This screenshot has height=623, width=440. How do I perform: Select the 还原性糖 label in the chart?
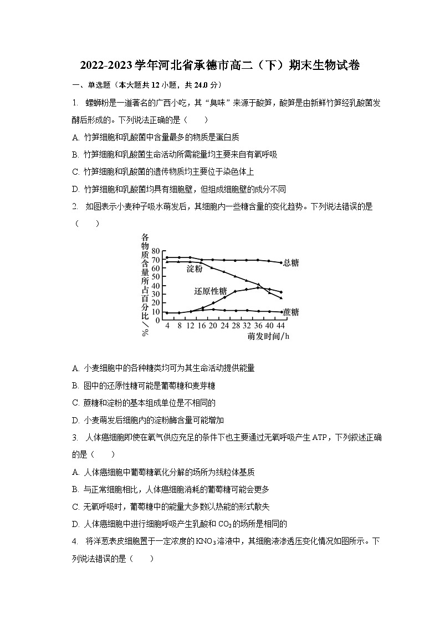210,291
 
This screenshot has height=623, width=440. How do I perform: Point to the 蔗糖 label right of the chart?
291,312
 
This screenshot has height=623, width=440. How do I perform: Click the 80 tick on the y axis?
156,251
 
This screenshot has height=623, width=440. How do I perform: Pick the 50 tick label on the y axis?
156,277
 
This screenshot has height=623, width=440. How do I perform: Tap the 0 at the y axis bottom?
158,320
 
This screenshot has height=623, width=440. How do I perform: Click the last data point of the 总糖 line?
281,262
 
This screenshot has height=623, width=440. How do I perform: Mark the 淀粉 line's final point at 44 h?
281,298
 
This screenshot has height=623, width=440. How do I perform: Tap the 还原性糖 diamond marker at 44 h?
281,292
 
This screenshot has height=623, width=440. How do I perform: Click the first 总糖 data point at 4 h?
167,257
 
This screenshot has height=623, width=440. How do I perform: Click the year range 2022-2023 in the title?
107,66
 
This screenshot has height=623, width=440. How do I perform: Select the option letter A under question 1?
75,137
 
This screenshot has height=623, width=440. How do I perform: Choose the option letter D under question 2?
75,420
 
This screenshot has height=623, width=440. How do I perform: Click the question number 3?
75,437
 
